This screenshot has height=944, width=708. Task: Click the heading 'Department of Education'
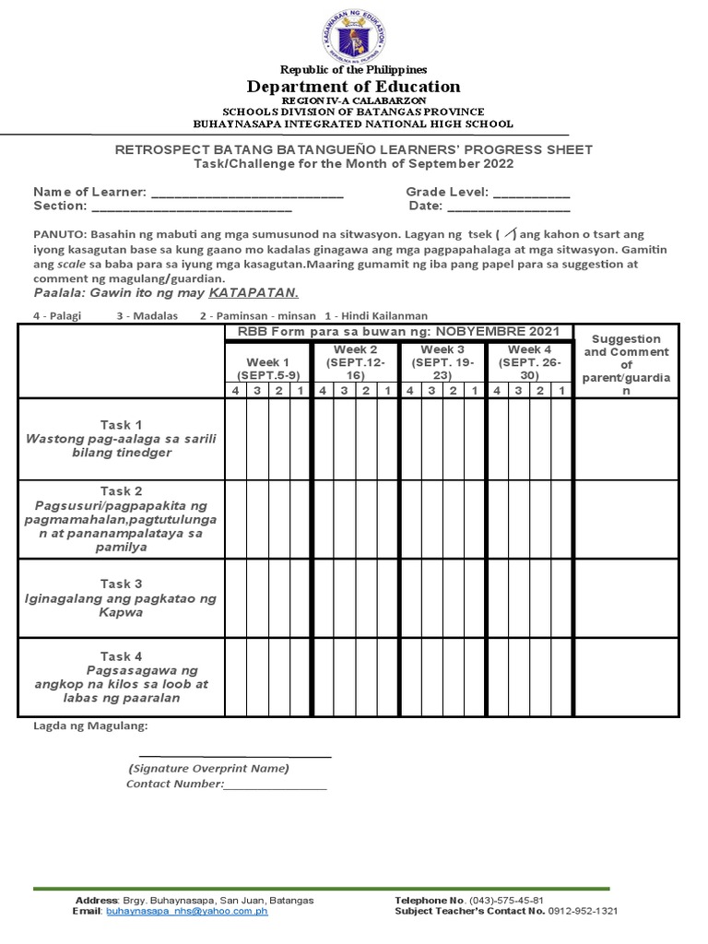tap(353, 87)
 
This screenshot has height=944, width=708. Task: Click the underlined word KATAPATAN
tap(254, 293)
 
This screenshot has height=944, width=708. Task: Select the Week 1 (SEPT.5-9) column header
tap(267, 369)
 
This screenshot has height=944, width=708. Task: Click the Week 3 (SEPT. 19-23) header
tap(442, 363)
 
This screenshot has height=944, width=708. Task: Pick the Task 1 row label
tap(121, 439)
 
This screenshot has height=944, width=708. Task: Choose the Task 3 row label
tap(121, 598)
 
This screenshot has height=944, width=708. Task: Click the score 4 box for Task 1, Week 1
tap(235, 439)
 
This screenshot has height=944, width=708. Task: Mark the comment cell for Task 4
tap(626, 677)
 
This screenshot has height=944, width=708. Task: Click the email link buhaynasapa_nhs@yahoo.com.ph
tap(187, 911)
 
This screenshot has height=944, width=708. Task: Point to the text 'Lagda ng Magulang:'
tap(90, 726)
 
